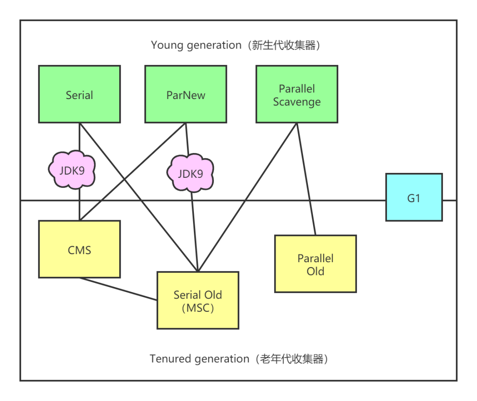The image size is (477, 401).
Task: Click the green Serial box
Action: pyautogui.click(x=79, y=94)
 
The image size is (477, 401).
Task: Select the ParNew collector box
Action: pyautogui.click(x=185, y=94)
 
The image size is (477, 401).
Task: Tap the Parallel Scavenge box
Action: pyautogui.click(x=297, y=94)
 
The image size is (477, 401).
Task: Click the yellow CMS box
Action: pyautogui.click(x=79, y=249)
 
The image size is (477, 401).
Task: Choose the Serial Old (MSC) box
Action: pyautogui.click(x=198, y=301)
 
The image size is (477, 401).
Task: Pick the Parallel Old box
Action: pyautogui.click(x=315, y=264)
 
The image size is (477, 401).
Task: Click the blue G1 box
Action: pyautogui.click(x=414, y=197)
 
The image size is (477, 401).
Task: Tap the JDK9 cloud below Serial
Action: pyautogui.click(x=72, y=170)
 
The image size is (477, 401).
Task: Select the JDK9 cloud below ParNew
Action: pyautogui.click(x=190, y=173)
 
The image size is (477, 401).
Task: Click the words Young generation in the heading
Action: pyautogui.click(x=196, y=45)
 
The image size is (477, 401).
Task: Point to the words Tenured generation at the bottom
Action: pyautogui.click(x=199, y=359)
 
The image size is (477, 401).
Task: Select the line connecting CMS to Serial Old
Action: pyautogui.click(x=118, y=289)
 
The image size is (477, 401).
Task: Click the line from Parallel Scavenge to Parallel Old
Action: pyautogui.click(x=306, y=179)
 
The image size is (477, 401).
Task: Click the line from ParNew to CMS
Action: pyautogui.click(x=132, y=171)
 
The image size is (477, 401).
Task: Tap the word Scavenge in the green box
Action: pyautogui.click(x=297, y=102)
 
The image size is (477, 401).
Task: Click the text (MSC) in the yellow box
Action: pyautogui.click(x=198, y=308)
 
